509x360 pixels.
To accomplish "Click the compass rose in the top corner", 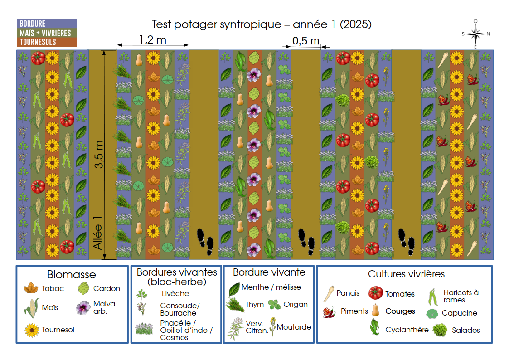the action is click(x=475, y=34).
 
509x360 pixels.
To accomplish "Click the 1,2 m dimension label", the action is click(x=153, y=39).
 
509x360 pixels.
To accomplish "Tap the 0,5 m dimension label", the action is click(x=306, y=41).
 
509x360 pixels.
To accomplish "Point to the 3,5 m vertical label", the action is click(x=99, y=154).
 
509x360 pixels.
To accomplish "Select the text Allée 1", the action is click(x=98, y=233).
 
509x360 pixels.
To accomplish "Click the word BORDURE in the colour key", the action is click(x=33, y=24).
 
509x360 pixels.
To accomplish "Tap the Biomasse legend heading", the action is click(x=72, y=275).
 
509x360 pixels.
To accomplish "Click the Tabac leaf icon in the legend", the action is click(x=31, y=288).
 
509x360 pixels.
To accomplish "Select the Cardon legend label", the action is click(x=107, y=288).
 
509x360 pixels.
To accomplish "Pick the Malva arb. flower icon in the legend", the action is click(x=83, y=308).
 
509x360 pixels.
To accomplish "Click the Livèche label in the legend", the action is click(x=175, y=293).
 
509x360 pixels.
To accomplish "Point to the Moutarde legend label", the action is click(x=294, y=327).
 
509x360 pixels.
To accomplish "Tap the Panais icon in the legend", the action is click(x=329, y=294).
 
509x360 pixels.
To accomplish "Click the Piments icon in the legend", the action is click(x=329, y=312).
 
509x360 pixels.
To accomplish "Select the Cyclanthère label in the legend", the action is click(x=407, y=330).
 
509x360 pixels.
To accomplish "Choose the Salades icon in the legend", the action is click(x=440, y=330).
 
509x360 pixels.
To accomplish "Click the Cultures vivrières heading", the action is click(x=406, y=274).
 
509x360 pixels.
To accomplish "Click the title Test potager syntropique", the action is click(x=217, y=24).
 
